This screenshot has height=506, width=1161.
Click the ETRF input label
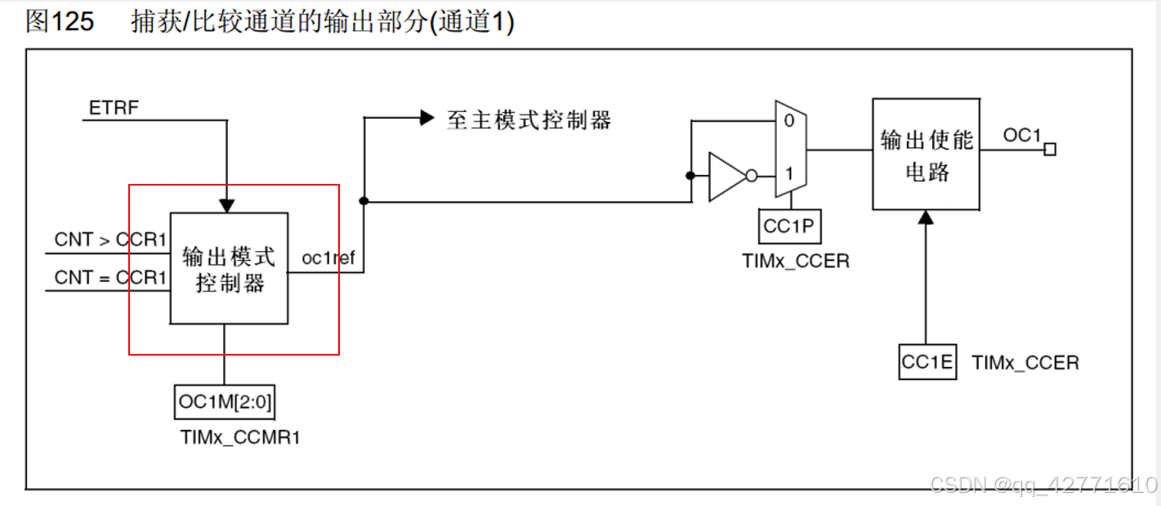tap(114, 107)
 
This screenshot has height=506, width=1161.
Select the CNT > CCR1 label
tap(110, 240)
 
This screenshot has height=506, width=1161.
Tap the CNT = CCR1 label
tap(110, 278)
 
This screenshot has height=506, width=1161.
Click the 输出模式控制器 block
tap(229, 268)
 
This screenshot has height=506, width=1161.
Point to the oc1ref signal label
tap(328, 259)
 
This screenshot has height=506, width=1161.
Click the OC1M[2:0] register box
tap(225, 402)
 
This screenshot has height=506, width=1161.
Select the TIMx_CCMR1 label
tap(240, 437)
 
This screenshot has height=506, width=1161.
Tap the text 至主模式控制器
tap(529, 120)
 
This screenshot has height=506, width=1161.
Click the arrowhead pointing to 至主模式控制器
tap(426, 118)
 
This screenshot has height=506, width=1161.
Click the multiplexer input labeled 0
tap(788, 121)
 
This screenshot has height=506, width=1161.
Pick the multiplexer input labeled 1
tap(788, 174)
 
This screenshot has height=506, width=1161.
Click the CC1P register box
tap(789, 226)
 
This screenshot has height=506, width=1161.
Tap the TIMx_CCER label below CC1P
tap(795, 262)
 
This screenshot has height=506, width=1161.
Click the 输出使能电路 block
tap(926, 154)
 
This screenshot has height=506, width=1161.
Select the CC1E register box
tap(927, 362)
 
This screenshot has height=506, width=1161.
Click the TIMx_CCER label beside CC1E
tap(1025, 363)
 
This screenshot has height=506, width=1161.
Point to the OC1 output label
tap(1022, 136)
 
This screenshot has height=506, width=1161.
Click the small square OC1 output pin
tap(1050, 149)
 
